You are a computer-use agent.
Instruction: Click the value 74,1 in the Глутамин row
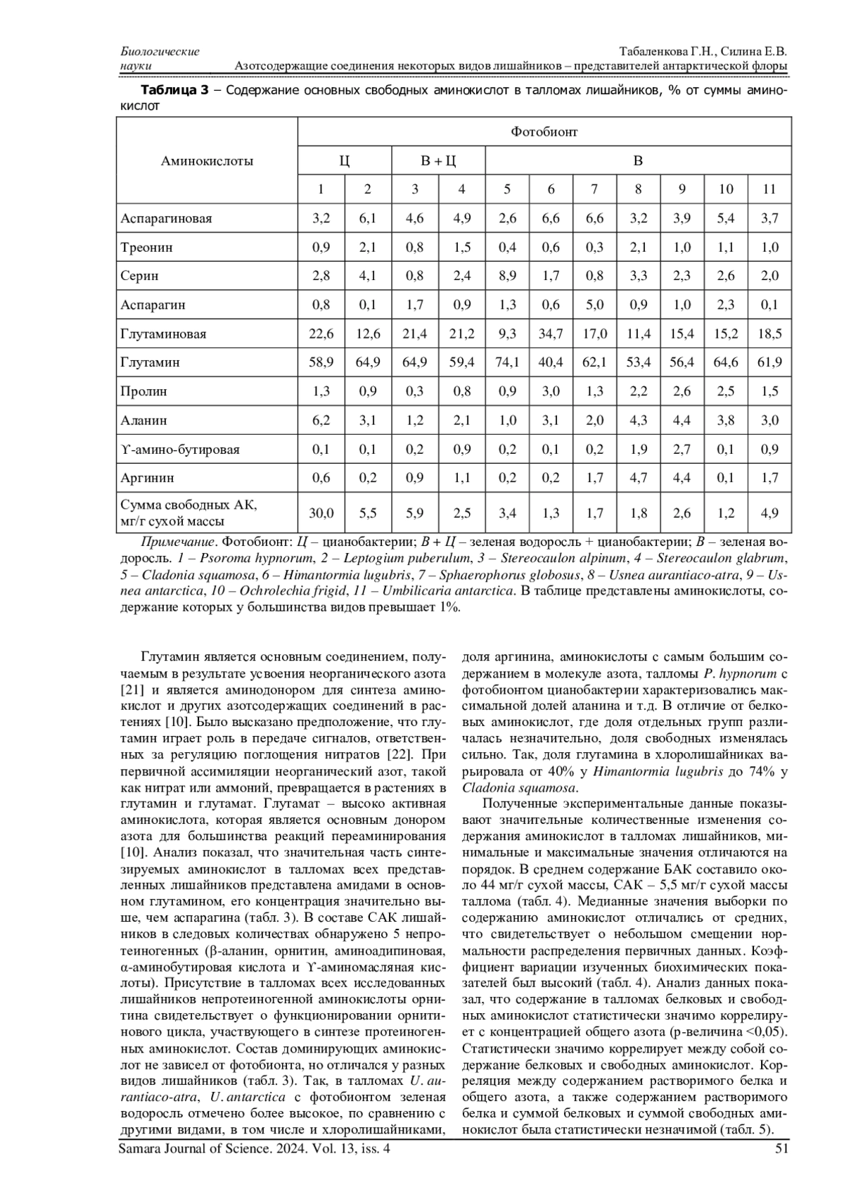coord(507,362)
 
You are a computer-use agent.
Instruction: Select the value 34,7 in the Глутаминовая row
coord(551,334)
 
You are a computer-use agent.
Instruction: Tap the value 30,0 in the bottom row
coord(321,513)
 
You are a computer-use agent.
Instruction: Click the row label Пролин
coord(144,391)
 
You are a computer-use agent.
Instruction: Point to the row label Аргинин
coord(147,478)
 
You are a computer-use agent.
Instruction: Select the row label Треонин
coord(146,247)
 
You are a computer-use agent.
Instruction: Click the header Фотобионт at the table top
coord(544,132)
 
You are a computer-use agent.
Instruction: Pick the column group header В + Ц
coord(438,160)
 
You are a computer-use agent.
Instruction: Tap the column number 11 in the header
coord(769,189)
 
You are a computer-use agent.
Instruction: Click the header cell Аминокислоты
coord(207,160)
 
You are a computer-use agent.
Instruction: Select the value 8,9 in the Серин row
coord(507,276)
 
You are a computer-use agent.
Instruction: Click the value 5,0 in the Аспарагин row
coord(594,305)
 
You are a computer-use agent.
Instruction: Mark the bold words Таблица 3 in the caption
coord(175,91)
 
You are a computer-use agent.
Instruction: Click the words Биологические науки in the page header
coord(160,58)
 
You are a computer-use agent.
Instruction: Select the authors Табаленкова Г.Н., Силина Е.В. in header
coord(703,52)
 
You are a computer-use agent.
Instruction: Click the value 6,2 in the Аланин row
coord(321,420)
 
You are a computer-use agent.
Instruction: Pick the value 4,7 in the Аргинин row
coord(638,478)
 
